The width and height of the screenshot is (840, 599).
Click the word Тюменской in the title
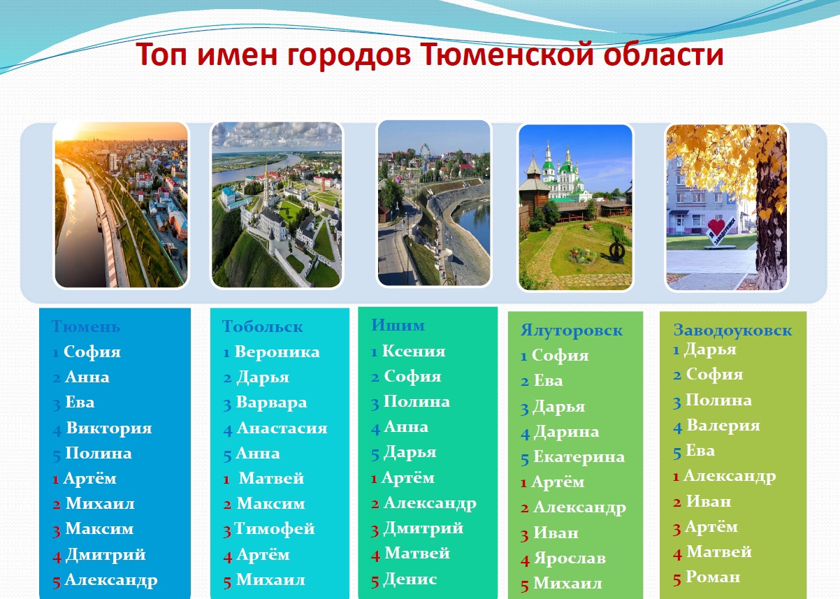(507, 55)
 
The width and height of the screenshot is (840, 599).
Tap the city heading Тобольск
(262, 326)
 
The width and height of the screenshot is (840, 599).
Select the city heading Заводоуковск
(732, 330)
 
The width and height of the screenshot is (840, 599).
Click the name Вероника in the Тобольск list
(277, 352)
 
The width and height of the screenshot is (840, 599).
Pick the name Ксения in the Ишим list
(414, 351)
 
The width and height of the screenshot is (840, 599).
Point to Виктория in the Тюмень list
(109, 428)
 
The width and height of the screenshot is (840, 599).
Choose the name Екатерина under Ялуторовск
(579, 457)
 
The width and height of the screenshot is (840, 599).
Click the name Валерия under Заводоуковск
(723, 426)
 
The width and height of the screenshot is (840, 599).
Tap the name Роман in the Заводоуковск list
(713, 577)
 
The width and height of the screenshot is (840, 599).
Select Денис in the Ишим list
(410, 579)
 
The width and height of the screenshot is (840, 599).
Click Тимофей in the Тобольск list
(275, 528)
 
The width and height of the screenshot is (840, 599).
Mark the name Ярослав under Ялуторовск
(570, 558)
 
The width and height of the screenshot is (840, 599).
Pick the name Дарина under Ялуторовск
(566, 432)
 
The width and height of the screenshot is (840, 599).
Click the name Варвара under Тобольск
(272, 403)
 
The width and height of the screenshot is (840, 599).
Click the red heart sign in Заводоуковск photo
(716, 228)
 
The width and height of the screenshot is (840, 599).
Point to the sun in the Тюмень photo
(68, 132)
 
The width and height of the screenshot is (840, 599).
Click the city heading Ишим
(398, 325)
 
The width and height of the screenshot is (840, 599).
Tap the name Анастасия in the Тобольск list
(282, 428)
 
